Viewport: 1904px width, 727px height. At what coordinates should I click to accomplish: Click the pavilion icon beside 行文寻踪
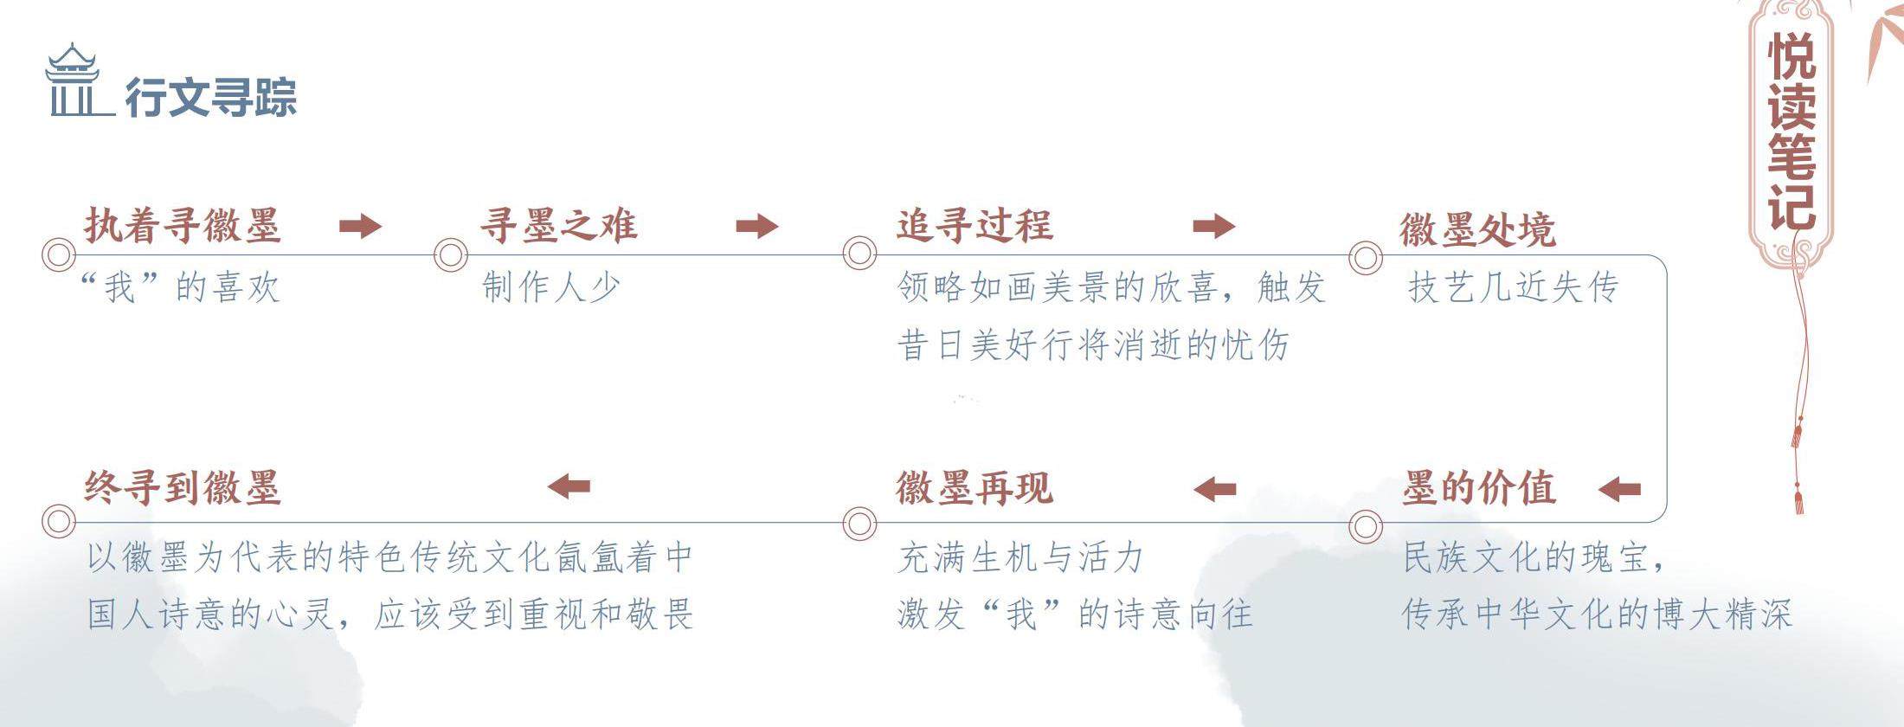point(73,81)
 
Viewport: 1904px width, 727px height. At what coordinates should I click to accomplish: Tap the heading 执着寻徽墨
point(183,225)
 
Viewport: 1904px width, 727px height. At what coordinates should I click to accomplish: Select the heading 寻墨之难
point(559,225)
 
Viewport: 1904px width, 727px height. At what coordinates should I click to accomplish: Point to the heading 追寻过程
point(975,225)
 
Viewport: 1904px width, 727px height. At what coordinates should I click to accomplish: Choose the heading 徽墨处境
point(1477,229)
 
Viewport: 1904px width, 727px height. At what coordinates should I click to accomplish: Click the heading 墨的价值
point(1479,488)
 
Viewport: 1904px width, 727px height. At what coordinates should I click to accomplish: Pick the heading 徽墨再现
point(975,488)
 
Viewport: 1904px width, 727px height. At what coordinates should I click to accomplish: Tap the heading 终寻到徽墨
point(183,488)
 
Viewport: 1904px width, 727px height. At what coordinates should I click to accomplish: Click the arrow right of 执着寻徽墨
point(360,226)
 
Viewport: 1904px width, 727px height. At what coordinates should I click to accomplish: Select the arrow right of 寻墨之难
point(757,226)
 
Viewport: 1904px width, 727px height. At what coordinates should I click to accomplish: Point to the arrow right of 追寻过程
point(1213,226)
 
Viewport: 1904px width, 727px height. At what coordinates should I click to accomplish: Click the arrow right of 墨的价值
point(1619,490)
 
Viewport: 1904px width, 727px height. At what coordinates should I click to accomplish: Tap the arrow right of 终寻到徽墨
point(569,486)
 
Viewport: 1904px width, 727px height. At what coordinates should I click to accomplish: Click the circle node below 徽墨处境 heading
point(1366,257)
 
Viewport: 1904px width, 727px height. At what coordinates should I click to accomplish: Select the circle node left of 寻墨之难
point(450,255)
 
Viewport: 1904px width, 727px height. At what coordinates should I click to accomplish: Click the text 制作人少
point(551,287)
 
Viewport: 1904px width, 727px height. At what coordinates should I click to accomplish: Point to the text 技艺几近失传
point(1513,287)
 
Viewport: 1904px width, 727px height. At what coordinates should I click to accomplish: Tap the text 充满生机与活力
point(1021,557)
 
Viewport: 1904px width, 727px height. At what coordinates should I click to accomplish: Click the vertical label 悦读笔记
point(1791,130)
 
